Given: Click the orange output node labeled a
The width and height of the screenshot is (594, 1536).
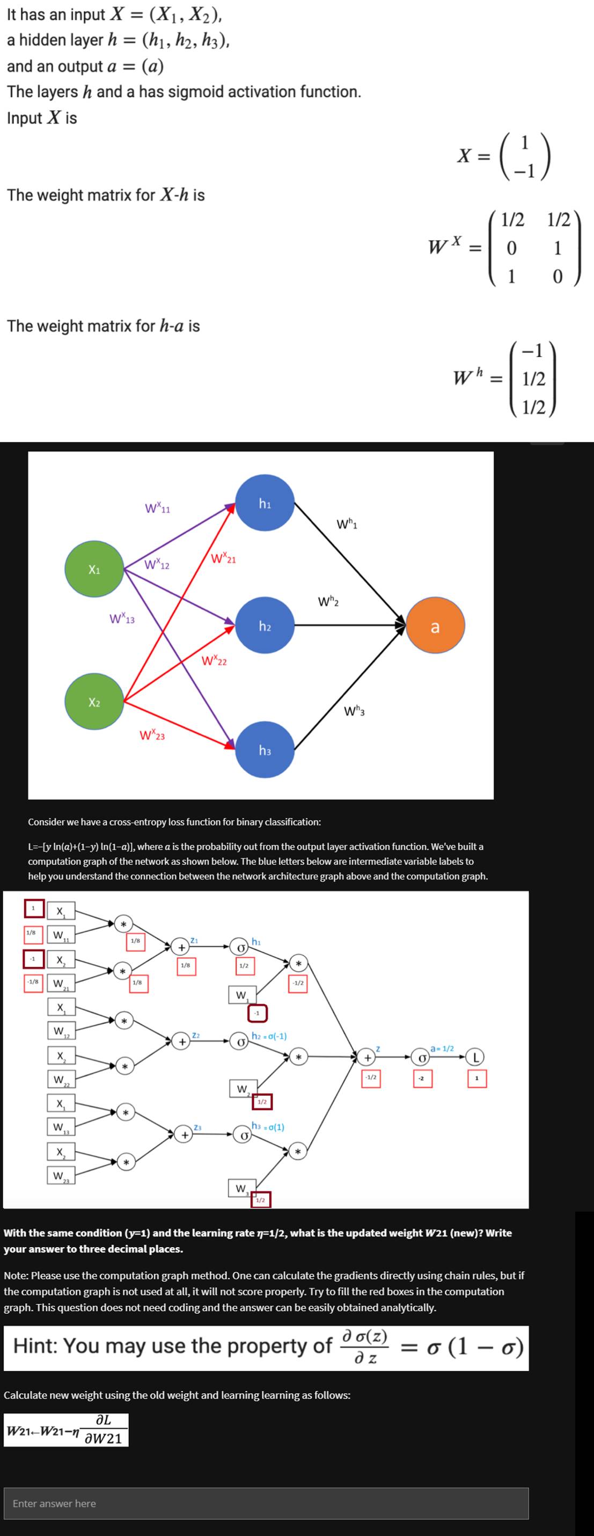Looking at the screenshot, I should click(435, 626).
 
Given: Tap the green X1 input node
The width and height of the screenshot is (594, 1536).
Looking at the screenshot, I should click(94, 570).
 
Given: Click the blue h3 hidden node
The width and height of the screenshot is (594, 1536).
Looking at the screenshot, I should click(265, 750).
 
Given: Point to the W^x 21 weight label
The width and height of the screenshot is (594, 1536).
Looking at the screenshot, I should click(223, 559).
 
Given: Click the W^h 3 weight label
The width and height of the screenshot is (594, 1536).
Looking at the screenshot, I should click(355, 711).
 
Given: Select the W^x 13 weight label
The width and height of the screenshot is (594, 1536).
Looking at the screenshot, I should click(122, 619).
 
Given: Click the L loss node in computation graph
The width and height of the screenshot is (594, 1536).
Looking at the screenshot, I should click(475, 1057).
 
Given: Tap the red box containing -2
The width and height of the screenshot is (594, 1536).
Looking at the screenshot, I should click(422, 1078).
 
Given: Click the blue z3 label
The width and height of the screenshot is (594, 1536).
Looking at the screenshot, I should click(198, 1127).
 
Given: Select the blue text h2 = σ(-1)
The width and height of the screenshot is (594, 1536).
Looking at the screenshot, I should click(269, 1036).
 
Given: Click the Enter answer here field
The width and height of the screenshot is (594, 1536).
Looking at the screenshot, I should click(266, 1503).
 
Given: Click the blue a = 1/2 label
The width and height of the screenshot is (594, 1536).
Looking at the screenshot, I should click(442, 1047).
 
